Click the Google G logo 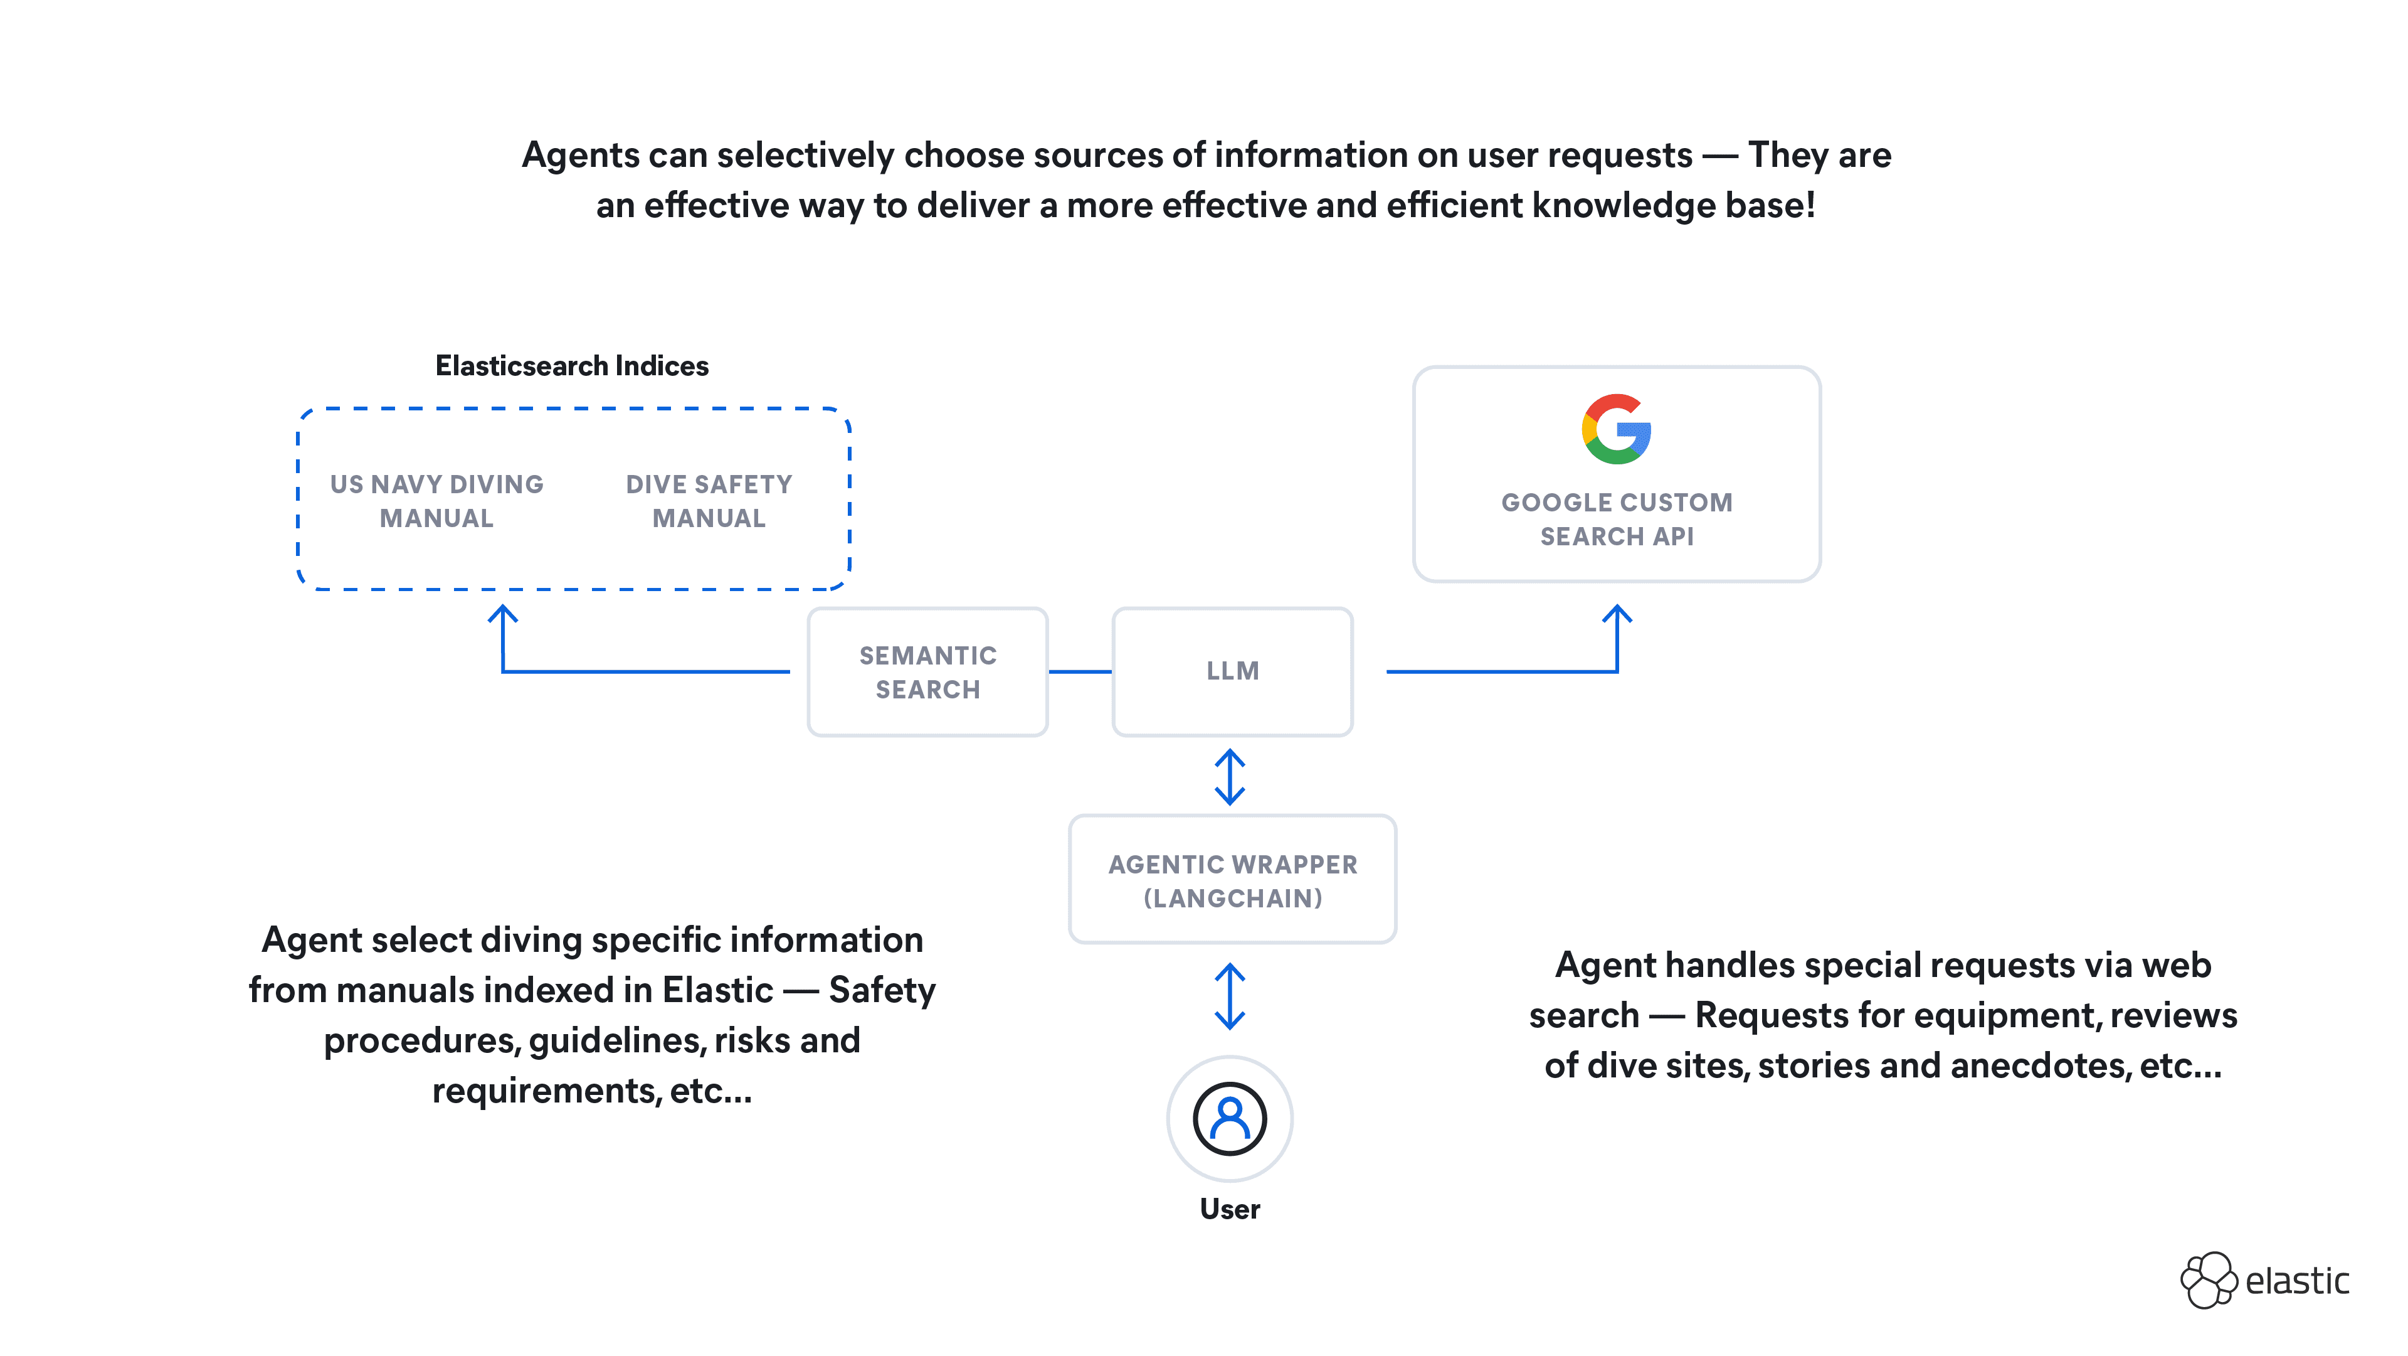point(1616,429)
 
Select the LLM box point(1232,671)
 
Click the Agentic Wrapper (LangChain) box point(1232,880)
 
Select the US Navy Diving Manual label point(436,501)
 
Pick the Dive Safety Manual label point(709,501)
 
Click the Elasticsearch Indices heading point(572,366)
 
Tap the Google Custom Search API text point(1616,519)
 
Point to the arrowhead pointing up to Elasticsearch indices point(503,614)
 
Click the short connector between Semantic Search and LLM point(1080,671)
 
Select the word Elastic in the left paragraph point(718,990)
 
